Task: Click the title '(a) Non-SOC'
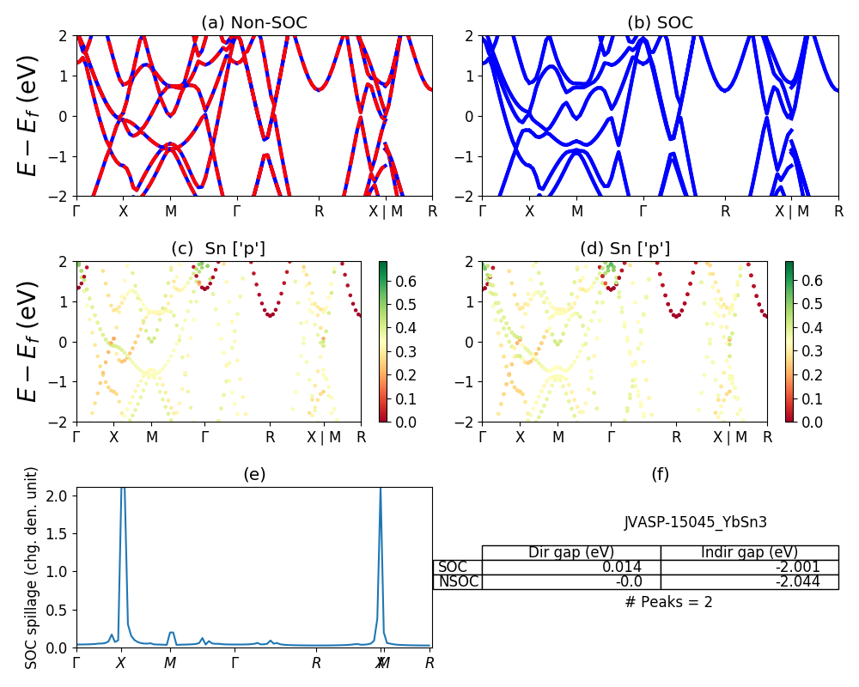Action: [x=254, y=23]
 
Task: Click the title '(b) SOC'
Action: [x=660, y=23]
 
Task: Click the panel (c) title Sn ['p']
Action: [x=218, y=249]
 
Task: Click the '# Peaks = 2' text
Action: [x=668, y=602]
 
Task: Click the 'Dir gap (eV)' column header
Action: [x=571, y=552]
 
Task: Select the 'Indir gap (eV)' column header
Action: [x=749, y=552]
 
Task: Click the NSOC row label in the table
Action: [x=458, y=581]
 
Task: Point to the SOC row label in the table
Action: [x=453, y=567]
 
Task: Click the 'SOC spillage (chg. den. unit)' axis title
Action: [x=32, y=568]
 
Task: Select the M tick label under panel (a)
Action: [x=170, y=210]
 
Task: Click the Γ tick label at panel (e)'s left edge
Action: [x=76, y=662]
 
